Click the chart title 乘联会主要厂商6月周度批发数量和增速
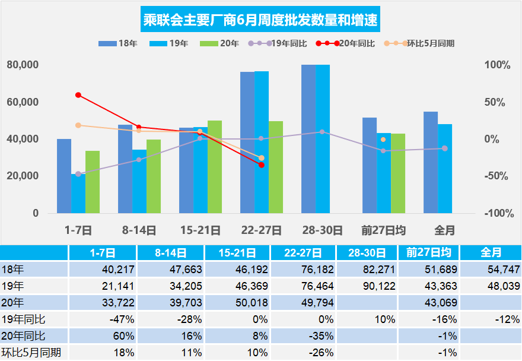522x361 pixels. click(x=261, y=21)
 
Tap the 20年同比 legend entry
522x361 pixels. click(x=346, y=43)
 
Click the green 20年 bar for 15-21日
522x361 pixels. click(x=215, y=167)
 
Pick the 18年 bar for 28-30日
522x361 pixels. click(x=308, y=139)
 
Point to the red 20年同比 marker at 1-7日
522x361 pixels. click(x=78, y=95)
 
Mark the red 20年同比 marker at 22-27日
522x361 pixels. click(x=262, y=165)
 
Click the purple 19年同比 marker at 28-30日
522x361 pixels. click(x=322, y=132)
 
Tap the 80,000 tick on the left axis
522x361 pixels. click(x=23, y=65)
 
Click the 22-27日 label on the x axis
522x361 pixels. click(x=262, y=230)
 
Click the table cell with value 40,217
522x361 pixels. click(x=118, y=269)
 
